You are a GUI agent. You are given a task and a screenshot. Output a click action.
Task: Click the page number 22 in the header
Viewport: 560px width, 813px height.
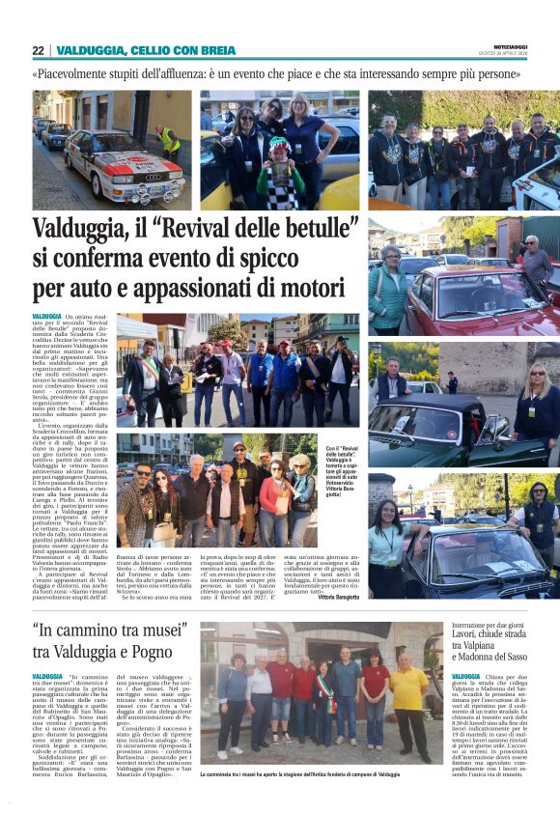pyautogui.click(x=38, y=50)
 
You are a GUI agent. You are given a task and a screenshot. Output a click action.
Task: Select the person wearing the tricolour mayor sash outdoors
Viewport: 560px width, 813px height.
pyautogui.click(x=148, y=377)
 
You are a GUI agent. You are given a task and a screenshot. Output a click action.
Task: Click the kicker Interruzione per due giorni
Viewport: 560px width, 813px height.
pyautogui.click(x=492, y=625)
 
